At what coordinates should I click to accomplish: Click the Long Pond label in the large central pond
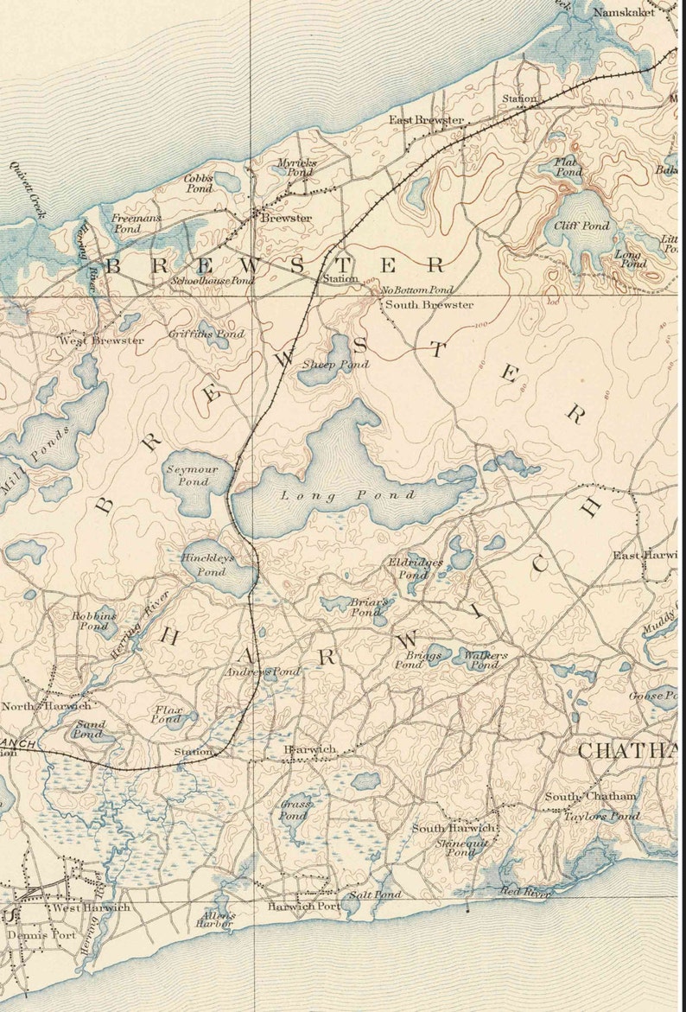pos(348,496)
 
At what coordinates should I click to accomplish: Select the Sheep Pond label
pos(335,365)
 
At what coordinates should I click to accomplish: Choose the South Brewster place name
pos(429,305)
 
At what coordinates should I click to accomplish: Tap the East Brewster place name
pos(426,120)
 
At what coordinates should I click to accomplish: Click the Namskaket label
pos(624,13)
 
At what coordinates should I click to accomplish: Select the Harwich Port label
pos(303,907)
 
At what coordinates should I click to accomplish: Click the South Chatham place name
pos(590,796)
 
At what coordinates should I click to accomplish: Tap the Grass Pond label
pos(294,810)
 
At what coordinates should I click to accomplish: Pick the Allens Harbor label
pos(217,920)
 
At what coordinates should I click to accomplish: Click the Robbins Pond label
pos(94,621)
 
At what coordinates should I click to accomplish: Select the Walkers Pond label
pos(485,660)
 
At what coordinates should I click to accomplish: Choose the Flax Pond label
pos(168,714)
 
